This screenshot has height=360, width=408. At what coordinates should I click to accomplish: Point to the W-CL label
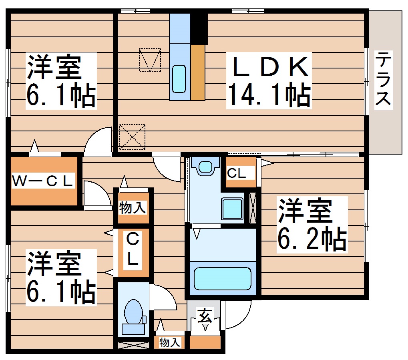(x=43, y=181)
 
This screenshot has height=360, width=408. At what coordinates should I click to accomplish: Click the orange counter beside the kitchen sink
(x=197, y=72)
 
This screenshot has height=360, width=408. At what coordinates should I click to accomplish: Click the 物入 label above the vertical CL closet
(x=133, y=208)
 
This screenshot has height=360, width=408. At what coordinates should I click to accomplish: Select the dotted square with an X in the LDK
(x=132, y=137)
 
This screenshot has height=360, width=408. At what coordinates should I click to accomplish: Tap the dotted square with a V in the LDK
(x=150, y=60)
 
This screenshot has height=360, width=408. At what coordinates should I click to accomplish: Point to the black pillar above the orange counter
(x=199, y=28)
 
